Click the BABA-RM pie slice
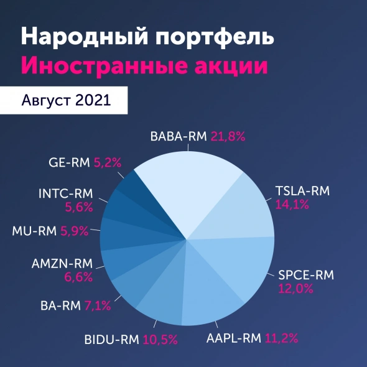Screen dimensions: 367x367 point(183,187)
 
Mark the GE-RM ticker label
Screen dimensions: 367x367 point(69,163)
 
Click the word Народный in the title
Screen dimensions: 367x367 point(80,37)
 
